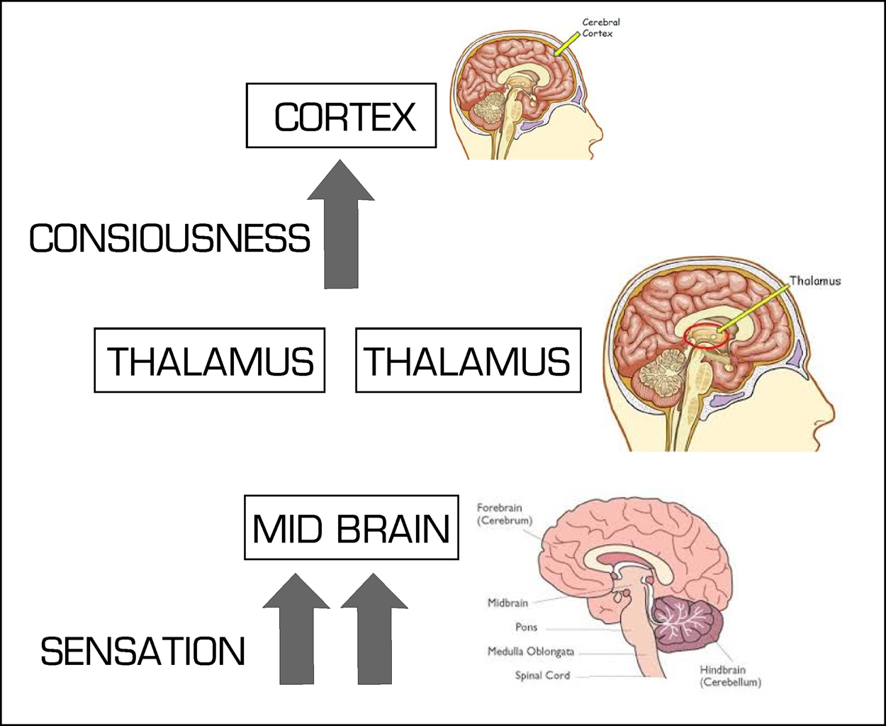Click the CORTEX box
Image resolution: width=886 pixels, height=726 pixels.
pyautogui.click(x=341, y=116)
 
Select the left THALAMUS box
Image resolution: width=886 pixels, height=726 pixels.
pyautogui.click(x=210, y=360)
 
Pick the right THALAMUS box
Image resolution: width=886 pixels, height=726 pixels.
pyautogui.click(x=468, y=360)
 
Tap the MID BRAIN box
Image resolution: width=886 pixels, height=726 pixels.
pyautogui.click(x=352, y=527)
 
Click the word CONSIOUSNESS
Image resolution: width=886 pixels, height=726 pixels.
pyautogui.click(x=169, y=238)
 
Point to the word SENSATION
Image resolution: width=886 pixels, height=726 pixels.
pyautogui.click(x=142, y=652)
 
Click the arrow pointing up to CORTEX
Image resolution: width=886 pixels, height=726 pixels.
pyautogui.click(x=342, y=227)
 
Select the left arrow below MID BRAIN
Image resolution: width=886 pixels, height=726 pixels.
pyautogui.click(x=296, y=631)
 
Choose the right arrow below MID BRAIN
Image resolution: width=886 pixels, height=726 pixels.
pyautogui.click(x=374, y=631)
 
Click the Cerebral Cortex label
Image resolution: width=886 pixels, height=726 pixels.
pyautogui.click(x=600, y=28)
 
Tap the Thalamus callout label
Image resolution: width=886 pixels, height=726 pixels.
pyautogui.click(x=815, y=281)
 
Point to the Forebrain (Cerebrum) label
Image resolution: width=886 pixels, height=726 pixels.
pyautogui.click(x=504, y=514)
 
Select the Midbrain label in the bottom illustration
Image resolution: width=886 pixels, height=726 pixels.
pyautogui.click(x=508, y=603)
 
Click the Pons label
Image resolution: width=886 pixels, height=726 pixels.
pyautogui.click(x=526, y=627)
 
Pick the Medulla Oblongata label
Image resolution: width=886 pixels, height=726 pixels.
pyautogui.click(x=530, y=651)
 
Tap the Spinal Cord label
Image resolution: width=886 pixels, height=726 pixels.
pyautogui.click(x=542, y=675)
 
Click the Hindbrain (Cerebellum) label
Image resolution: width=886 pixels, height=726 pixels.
pyautogui.click(x=730, y=676)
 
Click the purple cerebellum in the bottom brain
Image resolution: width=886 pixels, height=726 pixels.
pyautogui.click(x=686, y=624)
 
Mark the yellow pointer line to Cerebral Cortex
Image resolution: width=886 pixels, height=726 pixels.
pyautogui.click(x=567, y=44)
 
